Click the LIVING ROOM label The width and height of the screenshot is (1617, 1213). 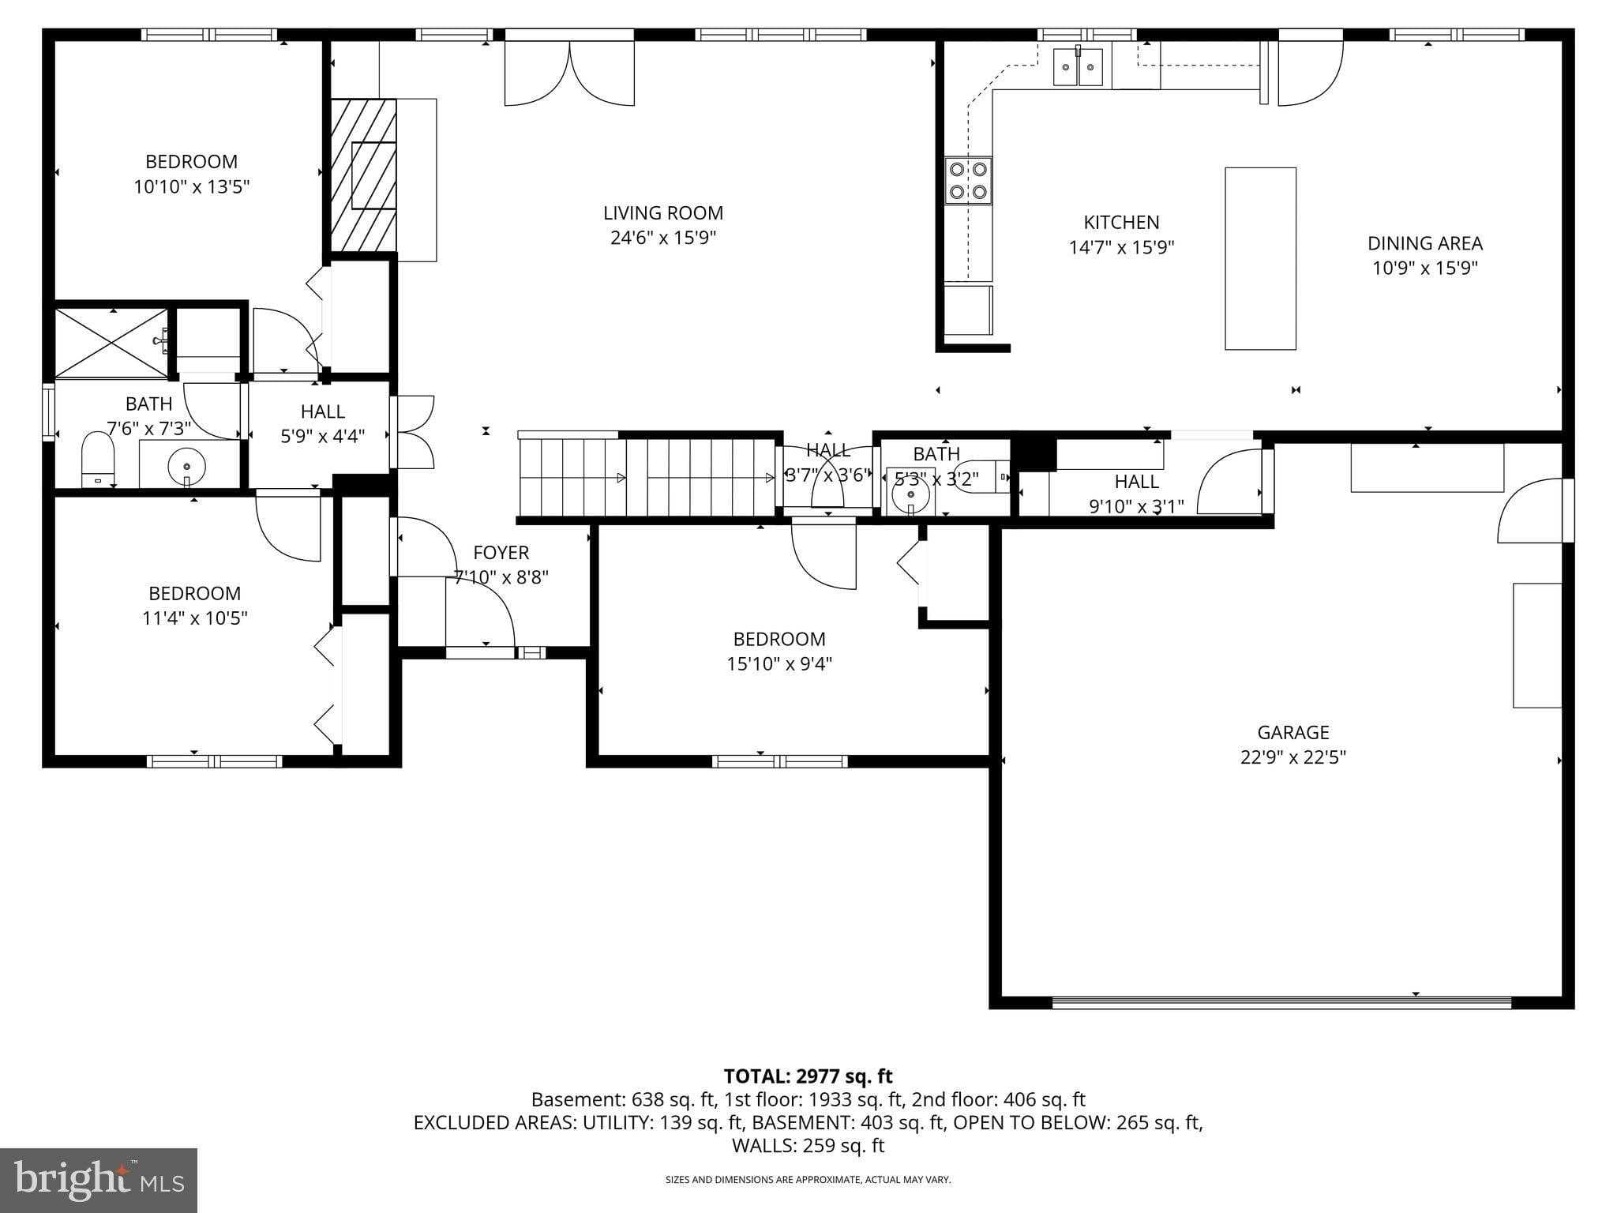point(662,213)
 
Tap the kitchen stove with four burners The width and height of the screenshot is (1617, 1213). point(969,181)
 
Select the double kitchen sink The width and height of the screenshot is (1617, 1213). point(1078,66)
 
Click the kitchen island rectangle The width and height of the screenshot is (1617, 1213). point(1260,258)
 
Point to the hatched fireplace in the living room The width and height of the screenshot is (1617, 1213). point(363,175)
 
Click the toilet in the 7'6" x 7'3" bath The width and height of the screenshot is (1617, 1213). point(98,460)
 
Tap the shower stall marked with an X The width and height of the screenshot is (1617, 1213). point(111,344)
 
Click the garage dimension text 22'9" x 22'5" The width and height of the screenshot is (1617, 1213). point(1292,757)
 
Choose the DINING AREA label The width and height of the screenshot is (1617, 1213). point(1424,243)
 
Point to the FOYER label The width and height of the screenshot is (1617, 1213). point(501,553)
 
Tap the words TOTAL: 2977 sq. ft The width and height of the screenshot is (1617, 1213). point(808,1076)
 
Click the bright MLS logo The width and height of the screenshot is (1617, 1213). point(99,1180)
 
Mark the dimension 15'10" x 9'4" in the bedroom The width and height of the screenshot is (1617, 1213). point(778,664)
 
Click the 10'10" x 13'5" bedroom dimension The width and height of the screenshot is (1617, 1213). point(191,187)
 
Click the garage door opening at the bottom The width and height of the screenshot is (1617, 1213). point(1281,1002)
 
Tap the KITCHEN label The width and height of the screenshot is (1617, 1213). point(1120,223)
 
